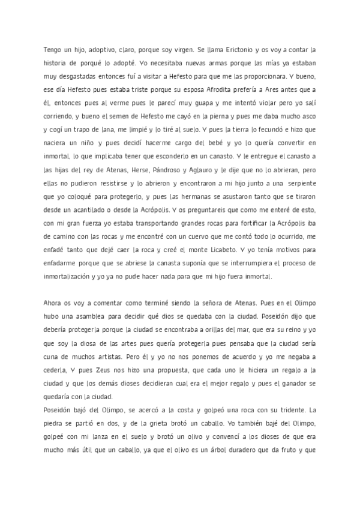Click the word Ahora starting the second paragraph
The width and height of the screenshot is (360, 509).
pos(54,302)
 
